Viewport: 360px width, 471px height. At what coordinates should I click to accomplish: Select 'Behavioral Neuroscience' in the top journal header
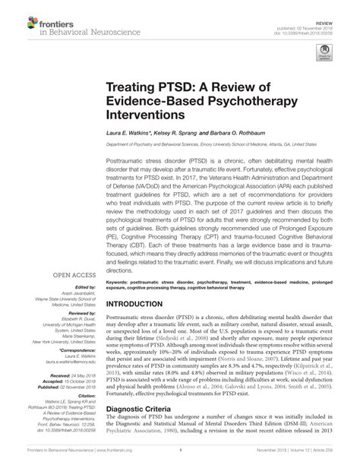(68, 24)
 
